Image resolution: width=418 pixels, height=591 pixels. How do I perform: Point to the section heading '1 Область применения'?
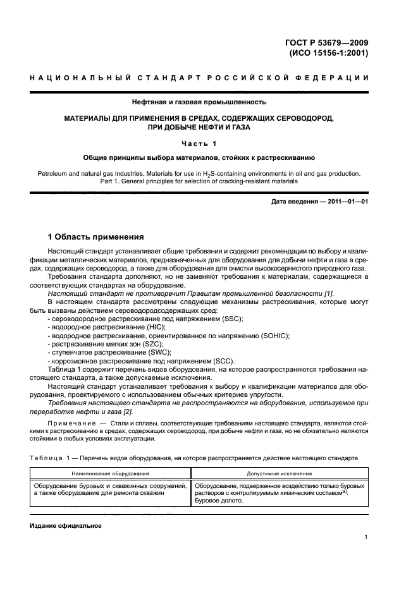(x=97, y=237)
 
